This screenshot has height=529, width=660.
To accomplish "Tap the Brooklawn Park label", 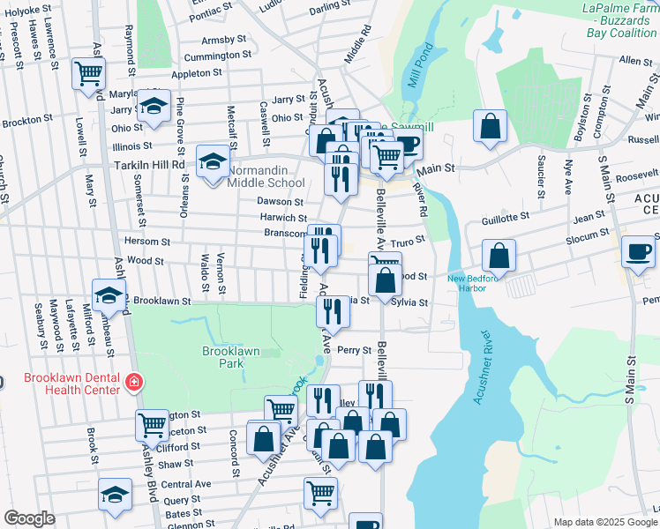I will click(x=231, y=357).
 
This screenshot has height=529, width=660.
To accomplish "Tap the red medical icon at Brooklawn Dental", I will click(x=134, y=383).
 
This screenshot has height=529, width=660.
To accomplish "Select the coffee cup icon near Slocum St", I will click(x=636, y=251).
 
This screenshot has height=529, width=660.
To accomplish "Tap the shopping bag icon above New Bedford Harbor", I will click(x=499, y=256).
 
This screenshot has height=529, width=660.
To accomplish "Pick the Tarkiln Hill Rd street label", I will click(x=148, y=164).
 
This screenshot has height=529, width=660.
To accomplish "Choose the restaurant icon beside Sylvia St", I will click(x=332, y=310).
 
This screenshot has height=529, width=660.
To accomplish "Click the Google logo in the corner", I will click(x=30, y=519).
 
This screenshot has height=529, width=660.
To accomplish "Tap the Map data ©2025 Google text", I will click(x=604, y=522).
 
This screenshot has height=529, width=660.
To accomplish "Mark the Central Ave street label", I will click(x=186, y=484).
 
